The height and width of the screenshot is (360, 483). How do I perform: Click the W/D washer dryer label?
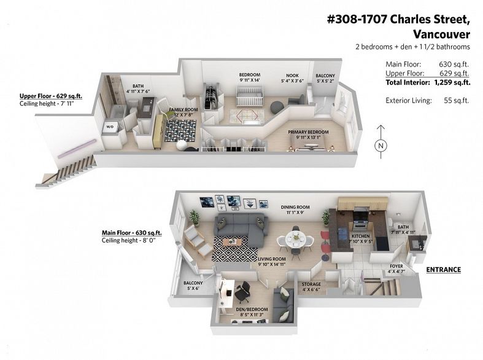point(110,127)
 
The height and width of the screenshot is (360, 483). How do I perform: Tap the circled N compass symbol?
point(381,146)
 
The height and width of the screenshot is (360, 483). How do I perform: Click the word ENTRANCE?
point(444,270)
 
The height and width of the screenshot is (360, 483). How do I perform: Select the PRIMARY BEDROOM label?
point(308,132)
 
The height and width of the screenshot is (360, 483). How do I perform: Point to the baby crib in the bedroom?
point(250,95)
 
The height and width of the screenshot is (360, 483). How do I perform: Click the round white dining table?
point(295,238)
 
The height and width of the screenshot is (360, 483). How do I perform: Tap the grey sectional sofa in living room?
point(241,228)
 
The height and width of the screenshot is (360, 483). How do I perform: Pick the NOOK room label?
point(292,75)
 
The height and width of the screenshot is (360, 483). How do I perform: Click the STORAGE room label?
point(311,284)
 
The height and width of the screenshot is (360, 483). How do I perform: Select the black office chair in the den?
point(242,291)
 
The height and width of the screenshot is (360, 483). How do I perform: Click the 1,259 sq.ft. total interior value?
point(452,82)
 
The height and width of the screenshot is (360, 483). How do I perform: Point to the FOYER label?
point(396,266)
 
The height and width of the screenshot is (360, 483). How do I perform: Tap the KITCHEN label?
point(361,236)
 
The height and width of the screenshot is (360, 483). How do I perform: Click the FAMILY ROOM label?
point(184,110)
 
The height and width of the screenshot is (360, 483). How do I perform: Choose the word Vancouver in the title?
point(441,34)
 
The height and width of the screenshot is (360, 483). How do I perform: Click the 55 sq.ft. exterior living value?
point(456,101)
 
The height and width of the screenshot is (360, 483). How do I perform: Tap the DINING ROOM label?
point(295,207)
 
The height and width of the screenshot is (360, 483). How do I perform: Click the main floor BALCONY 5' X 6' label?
point(193,286)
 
